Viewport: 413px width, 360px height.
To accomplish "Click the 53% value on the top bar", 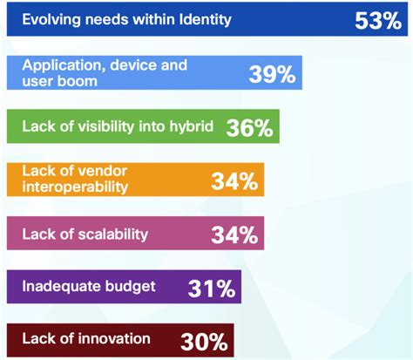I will [377, 20].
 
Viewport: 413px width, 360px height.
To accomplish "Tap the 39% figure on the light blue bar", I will [272, 74].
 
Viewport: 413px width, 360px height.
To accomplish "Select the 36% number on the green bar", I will [251, 128].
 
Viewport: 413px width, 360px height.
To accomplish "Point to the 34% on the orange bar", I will [234, 181].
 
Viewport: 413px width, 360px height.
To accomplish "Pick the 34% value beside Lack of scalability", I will [234, 234].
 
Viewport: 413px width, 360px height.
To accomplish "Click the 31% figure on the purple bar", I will [212, 287].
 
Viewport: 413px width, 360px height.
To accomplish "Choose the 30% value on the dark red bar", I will [205, 341].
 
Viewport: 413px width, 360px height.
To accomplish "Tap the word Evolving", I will [51, 17].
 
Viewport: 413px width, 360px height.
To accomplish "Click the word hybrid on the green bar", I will [193, 125].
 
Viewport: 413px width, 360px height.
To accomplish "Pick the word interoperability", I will [75, 187].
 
